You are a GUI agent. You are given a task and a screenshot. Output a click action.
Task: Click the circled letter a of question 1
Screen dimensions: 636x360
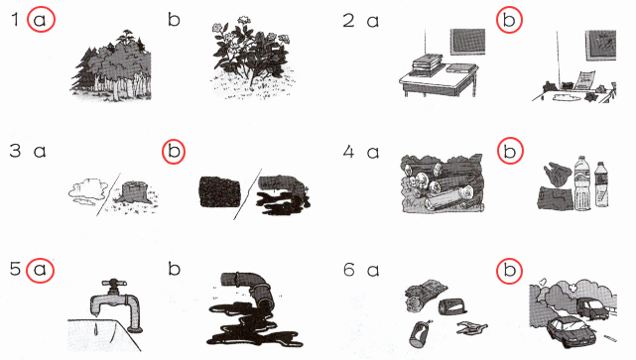(40, 20)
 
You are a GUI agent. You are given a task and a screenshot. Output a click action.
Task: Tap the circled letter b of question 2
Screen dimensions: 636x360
(509, 20)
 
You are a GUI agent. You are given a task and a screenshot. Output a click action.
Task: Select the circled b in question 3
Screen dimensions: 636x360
(174, 152)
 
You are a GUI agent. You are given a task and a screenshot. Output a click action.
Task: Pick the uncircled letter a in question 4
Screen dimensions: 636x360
(373, 153)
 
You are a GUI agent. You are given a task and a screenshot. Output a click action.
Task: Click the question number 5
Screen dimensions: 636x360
(15, 269)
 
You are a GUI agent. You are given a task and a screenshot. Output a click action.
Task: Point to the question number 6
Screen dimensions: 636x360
(349, 270)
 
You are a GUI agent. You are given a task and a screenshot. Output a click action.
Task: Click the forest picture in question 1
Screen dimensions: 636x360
(111, 65)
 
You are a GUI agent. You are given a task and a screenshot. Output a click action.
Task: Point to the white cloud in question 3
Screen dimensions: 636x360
(87, 189)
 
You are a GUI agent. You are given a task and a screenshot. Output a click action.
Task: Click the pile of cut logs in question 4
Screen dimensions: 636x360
(443, 183)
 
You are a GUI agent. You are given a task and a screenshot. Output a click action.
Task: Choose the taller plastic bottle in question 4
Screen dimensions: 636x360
(582, 183)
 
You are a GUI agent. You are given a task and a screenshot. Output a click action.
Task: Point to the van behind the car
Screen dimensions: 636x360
(592, 308)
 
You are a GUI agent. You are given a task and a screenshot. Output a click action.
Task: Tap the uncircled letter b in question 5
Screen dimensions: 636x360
(174, 269)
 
